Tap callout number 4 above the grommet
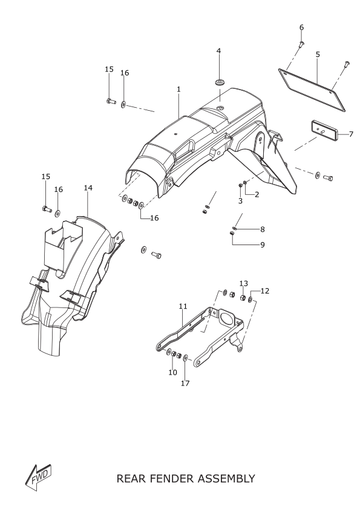pos(219,51)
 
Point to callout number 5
pos(318,54)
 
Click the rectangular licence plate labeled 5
pos(312,90)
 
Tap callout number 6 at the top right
pos(301,27)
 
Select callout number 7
pos(351,134)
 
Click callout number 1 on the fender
pos(178,89)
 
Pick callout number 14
pos(88,188)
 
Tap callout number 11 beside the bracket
pos(183,306)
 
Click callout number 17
pos(185,383)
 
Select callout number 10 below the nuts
pos(172,372)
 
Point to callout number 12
pos(265,291)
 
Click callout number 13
pos(244,283)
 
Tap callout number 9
pos(263,245)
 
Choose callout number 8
pos(263,229)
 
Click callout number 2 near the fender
pos(257,194)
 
